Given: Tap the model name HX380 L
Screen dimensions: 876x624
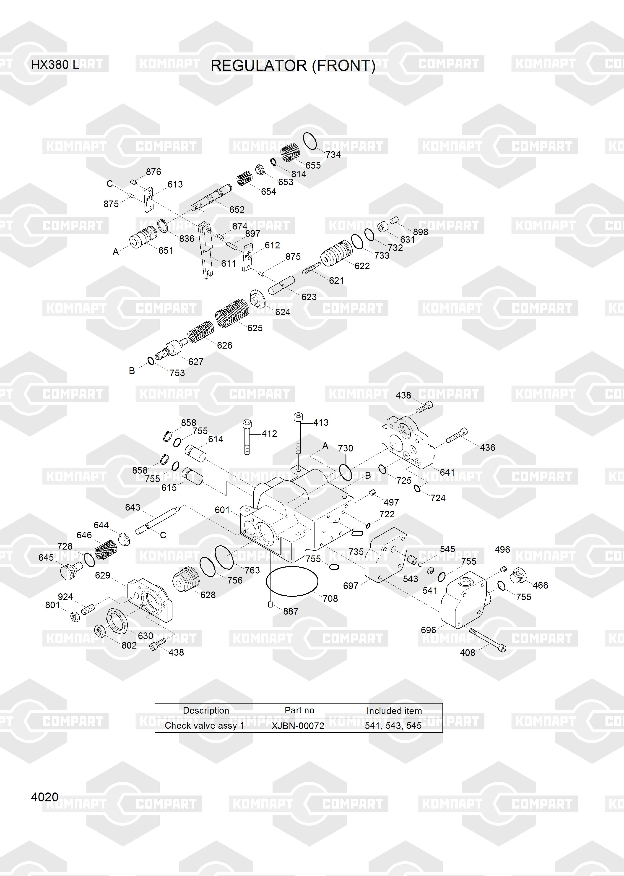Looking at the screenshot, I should tap(55, 65).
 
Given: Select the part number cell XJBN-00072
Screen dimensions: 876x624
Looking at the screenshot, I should tap(298, 726).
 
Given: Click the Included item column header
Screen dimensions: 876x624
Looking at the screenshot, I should tap(394, 711).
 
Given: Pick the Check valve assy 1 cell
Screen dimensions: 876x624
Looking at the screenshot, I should tap(204, 725).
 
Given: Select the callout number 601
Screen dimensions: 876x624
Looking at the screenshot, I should tap(222, 510).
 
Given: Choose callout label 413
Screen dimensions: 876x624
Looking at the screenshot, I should tap(321, 423).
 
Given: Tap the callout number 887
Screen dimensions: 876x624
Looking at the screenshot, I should tap(291, 611).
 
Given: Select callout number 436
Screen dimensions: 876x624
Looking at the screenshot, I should tap(487, 448).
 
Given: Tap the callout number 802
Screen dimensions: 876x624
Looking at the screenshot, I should tap(129, 645).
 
